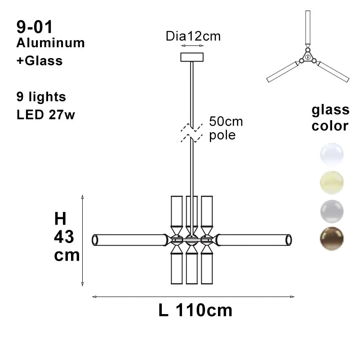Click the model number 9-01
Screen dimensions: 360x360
click(35, 27)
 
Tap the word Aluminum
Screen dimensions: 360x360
click(50, 43)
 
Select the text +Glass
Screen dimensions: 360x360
click(40, 61)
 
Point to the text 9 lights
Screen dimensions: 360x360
click(41, 97)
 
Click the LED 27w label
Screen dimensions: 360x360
click(46, 114)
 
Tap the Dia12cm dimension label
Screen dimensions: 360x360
click(193, 36)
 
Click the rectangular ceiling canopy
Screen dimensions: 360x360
click(192, 57)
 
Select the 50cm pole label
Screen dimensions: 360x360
click(226, 128)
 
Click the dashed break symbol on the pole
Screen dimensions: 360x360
click(192, 133)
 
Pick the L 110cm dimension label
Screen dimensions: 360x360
click(196, 310)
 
